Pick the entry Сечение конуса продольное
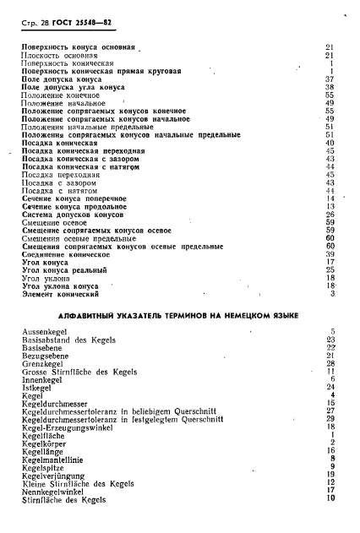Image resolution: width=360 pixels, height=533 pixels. point(75,206)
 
